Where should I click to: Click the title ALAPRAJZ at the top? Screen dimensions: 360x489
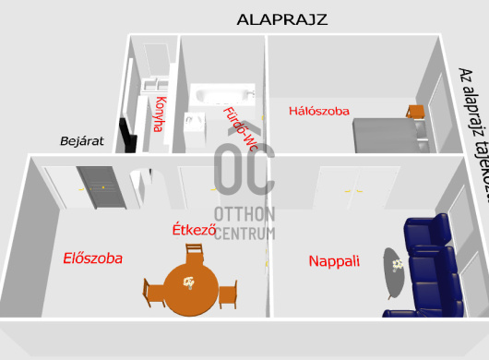[282, 18]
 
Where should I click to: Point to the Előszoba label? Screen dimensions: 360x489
[92, 258]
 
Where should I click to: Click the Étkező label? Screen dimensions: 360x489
[194, 228]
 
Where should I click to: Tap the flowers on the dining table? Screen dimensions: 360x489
[188, 282]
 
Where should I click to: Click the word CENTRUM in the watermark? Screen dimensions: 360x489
[244, 233]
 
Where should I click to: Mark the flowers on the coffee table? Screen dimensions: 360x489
[398, 264]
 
